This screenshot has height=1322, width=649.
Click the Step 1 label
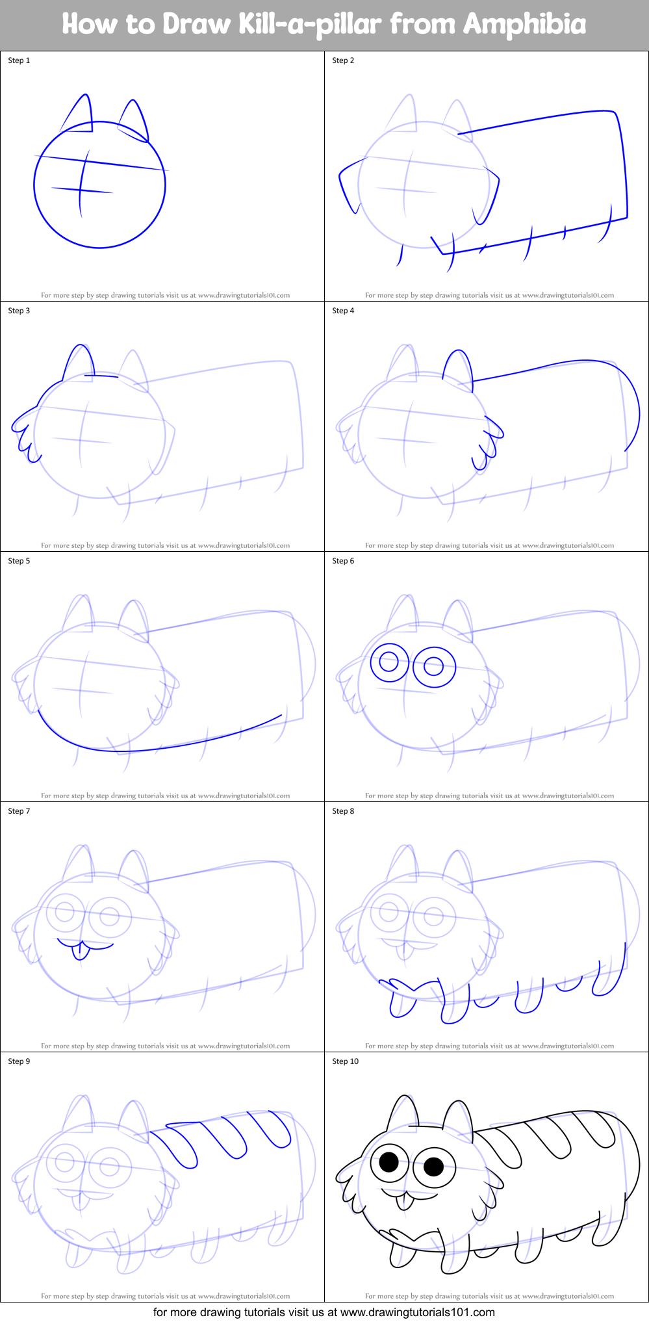19,60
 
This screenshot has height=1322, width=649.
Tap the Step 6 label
343,561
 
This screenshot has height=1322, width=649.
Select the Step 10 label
345,1061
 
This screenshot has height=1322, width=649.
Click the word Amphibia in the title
524,24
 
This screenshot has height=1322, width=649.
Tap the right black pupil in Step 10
433,1166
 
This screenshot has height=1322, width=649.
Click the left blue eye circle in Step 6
388,663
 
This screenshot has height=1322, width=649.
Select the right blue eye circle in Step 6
434,666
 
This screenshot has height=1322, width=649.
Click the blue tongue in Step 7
81,952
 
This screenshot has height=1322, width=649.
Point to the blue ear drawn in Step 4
457,367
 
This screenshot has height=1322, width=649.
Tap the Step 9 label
19,1061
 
